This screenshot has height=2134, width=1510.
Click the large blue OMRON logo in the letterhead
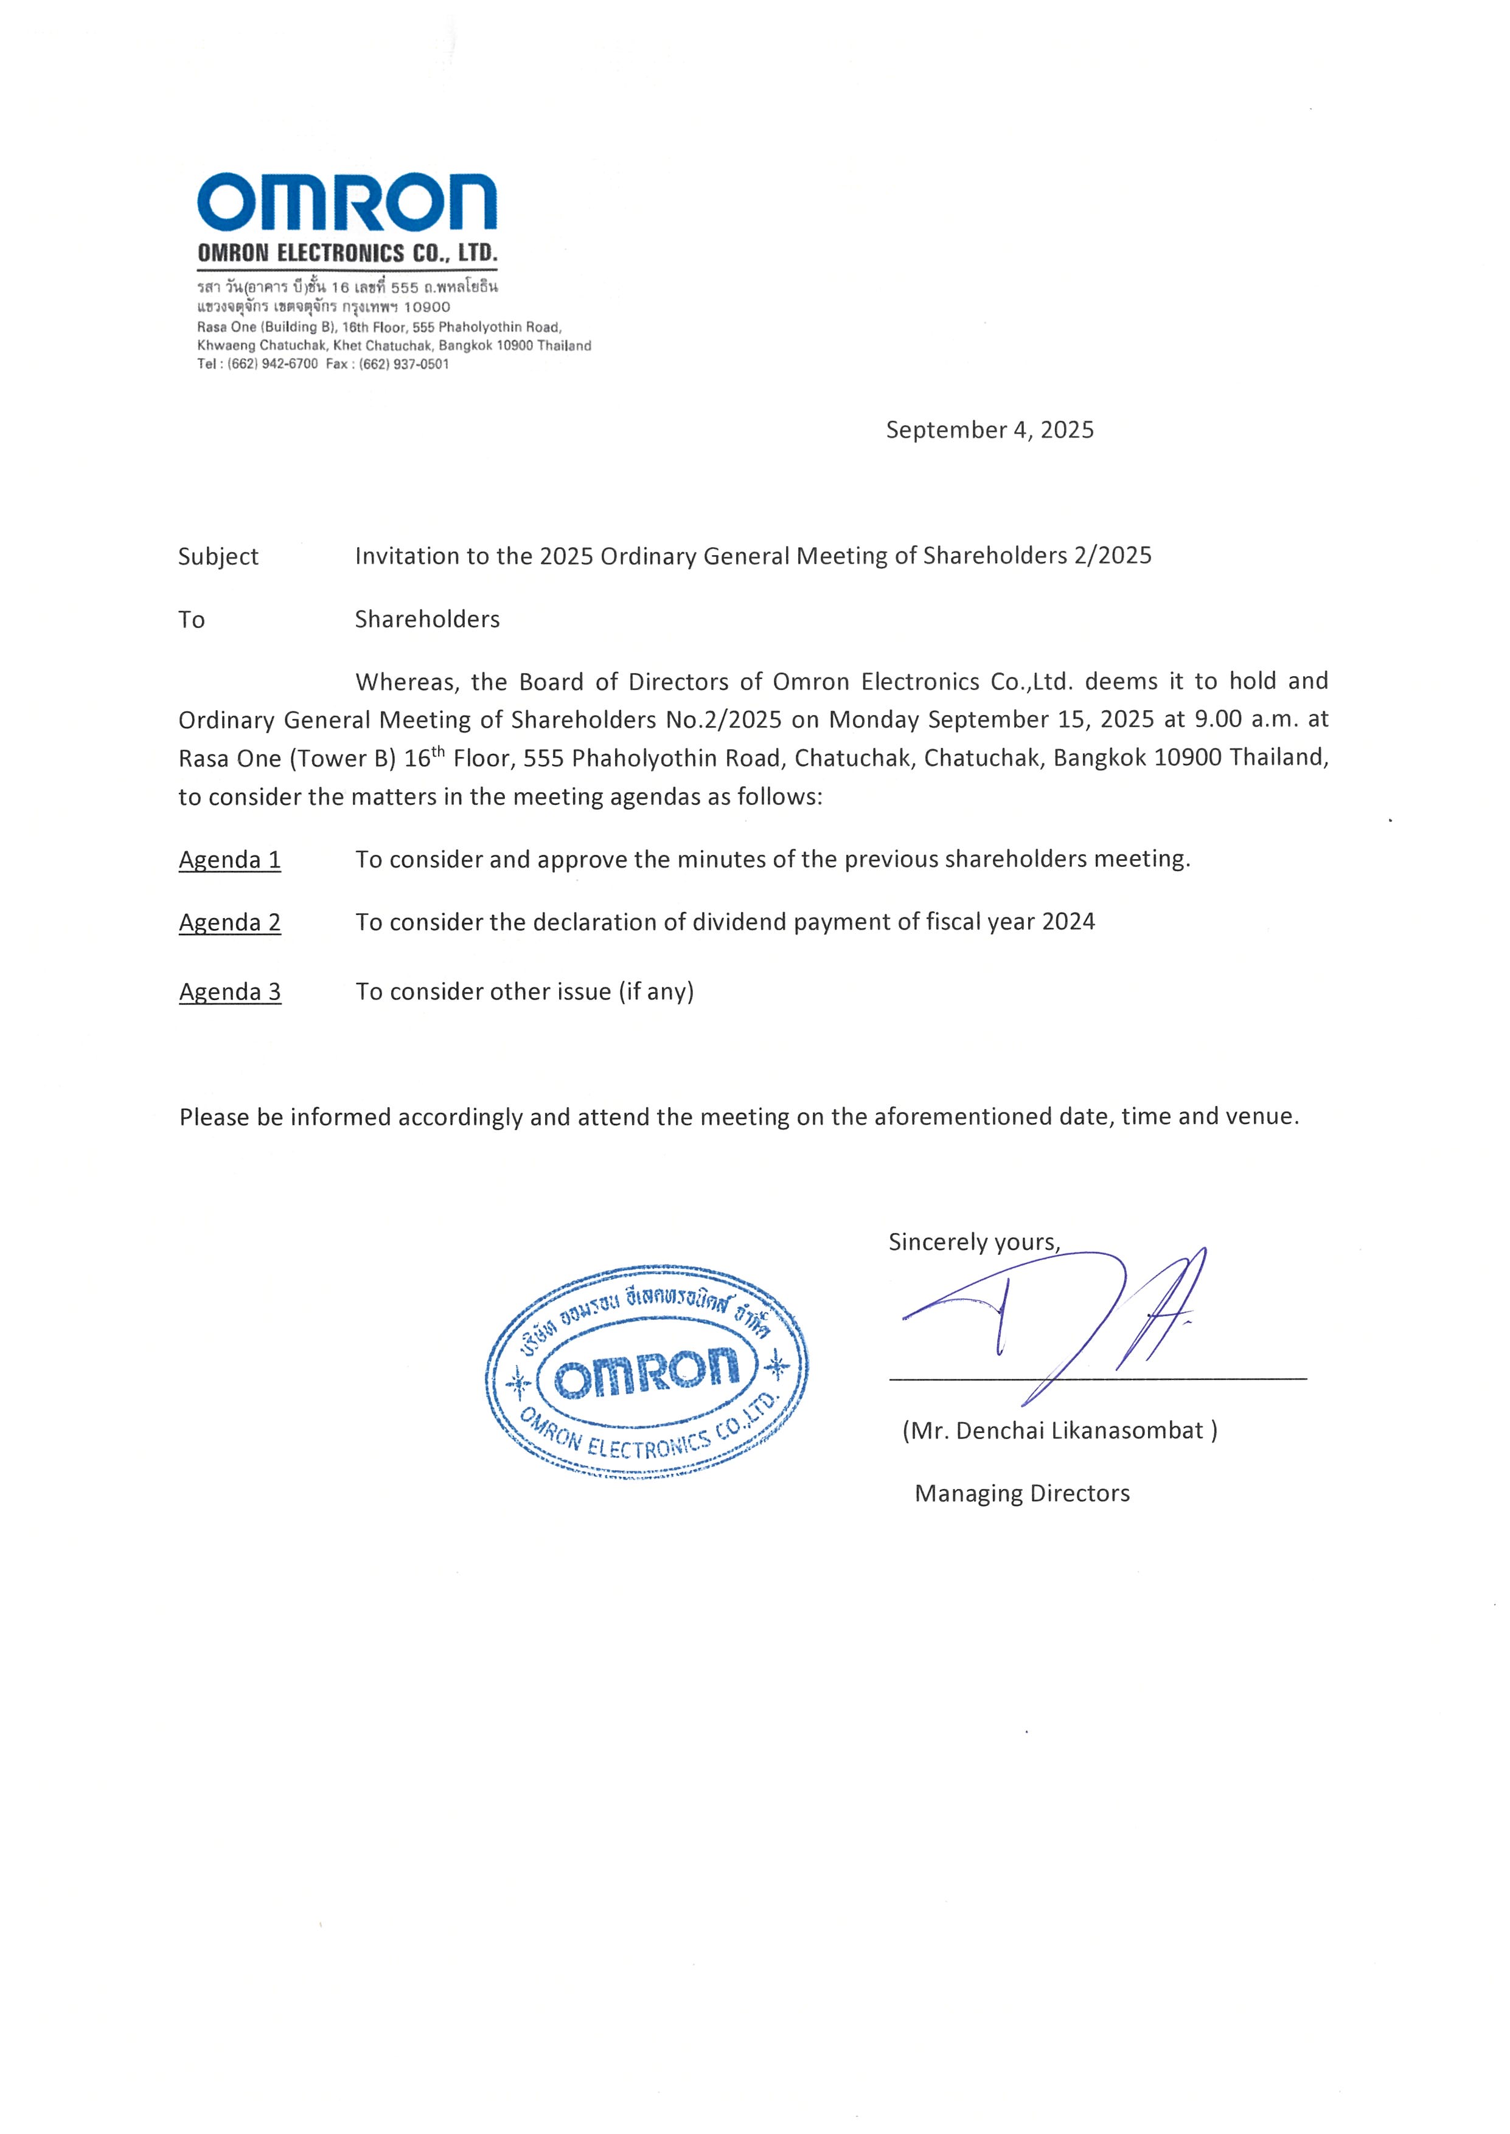[346, 202]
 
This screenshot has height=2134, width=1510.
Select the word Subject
[218, 557]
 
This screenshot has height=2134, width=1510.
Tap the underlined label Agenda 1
[229, 860]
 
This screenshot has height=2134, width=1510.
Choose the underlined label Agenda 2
[229, 922]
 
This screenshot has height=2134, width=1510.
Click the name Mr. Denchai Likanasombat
[1060, 1431]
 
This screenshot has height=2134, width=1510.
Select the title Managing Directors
[1022, 1494]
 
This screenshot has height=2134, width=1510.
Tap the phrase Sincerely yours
[973, 1243]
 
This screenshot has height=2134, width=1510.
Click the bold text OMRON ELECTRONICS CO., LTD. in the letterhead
[347, 253]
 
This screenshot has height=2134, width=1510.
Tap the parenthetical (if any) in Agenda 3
[656, 992]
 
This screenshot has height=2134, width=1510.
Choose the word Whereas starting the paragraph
[405, 682]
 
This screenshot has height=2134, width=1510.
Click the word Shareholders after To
[427, 620]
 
